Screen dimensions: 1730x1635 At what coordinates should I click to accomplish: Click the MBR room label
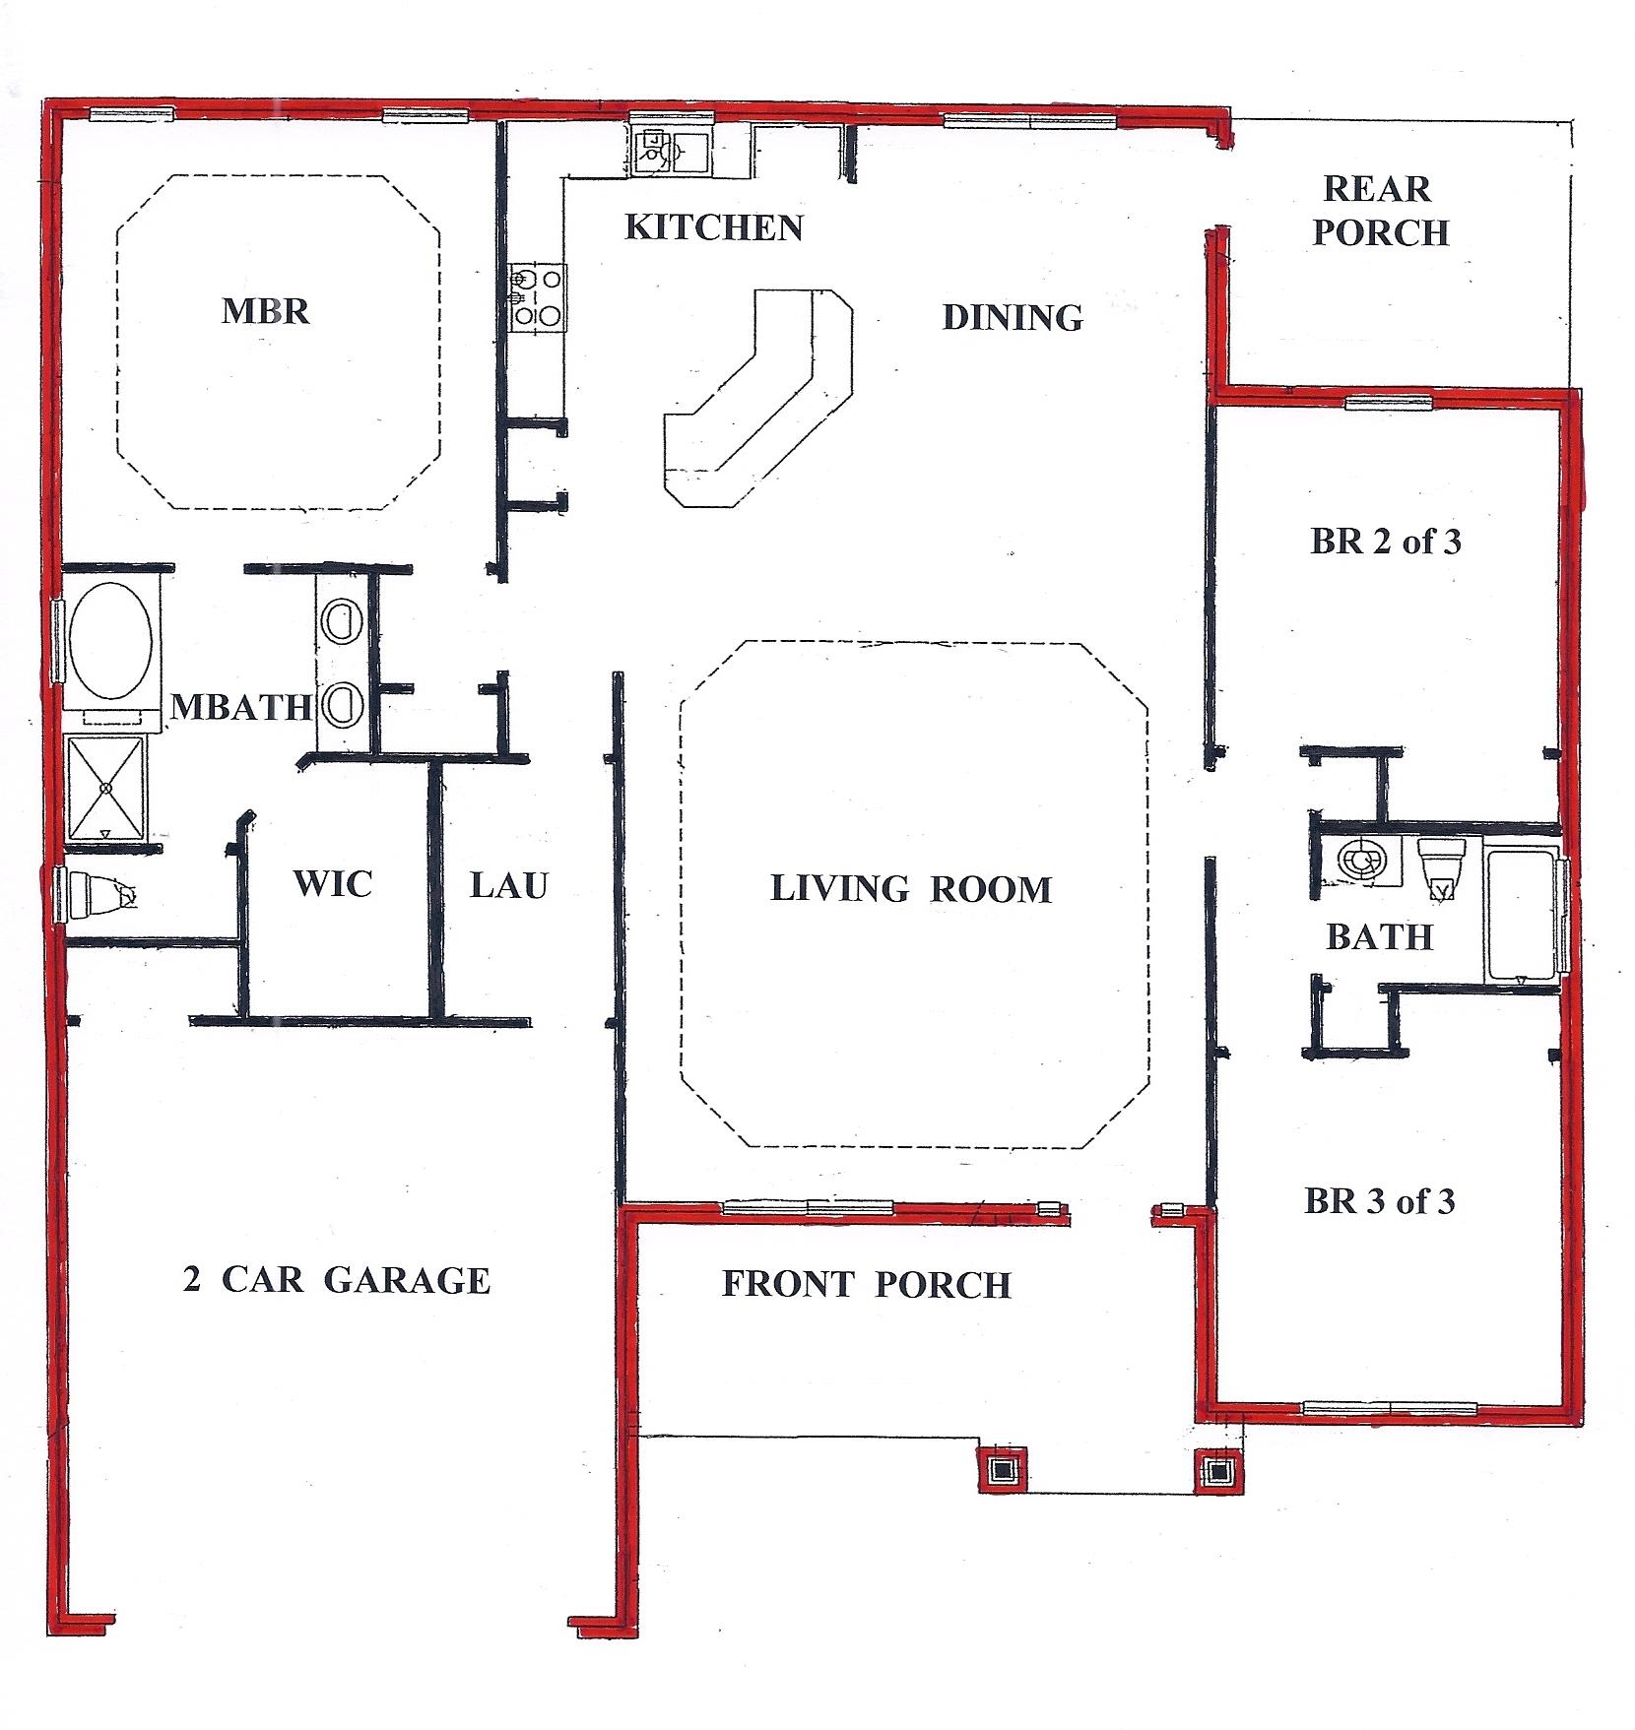coord(265,311)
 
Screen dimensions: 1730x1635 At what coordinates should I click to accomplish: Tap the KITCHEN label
coord(714,227)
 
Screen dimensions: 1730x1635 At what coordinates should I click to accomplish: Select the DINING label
coord(1013,317)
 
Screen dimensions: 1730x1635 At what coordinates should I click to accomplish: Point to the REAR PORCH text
coord(1380,211)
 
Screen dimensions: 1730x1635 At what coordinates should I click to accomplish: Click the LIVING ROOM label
coord(910,889)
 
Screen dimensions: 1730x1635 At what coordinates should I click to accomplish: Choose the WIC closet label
coord(333,883)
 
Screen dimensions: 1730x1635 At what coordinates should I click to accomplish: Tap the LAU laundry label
coord(508,885)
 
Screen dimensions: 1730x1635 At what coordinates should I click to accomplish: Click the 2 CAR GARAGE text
coord(336,1280)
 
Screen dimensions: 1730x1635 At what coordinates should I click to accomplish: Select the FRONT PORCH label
coord(866,1284)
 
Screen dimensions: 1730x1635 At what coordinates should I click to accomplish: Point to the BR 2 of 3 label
coord(1385,542)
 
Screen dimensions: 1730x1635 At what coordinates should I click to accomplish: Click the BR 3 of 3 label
coord(1379,1201)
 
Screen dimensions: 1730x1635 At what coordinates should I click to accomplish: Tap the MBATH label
coord(240,706)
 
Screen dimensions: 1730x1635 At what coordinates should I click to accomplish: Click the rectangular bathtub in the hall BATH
coord(1523,916)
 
